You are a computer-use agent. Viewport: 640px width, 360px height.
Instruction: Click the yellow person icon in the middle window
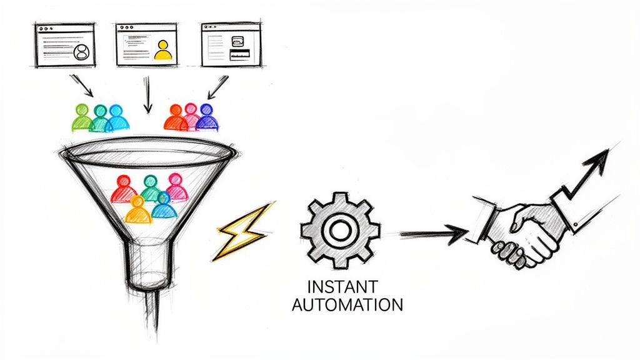(x=162, y=50)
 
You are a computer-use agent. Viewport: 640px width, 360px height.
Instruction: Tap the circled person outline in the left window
(x=79, y=52)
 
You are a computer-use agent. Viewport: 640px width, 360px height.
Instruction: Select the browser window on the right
(x=230, y=45)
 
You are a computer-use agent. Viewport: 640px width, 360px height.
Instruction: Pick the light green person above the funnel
(x=82, y=117)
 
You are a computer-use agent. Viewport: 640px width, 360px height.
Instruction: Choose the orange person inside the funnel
(x=138, y=210)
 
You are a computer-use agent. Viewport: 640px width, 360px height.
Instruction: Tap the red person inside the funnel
(x=124, y=189)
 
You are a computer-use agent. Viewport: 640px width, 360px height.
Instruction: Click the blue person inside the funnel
(x=164, y=206)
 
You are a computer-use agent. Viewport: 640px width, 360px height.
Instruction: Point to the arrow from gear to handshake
(x=434, y=234)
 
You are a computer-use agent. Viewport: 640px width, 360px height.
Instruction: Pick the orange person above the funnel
(x=176, y=117)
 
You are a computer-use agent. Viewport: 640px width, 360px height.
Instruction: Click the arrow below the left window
(x=82, y=86)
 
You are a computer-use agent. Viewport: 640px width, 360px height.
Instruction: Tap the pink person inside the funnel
(x=176, y=189)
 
